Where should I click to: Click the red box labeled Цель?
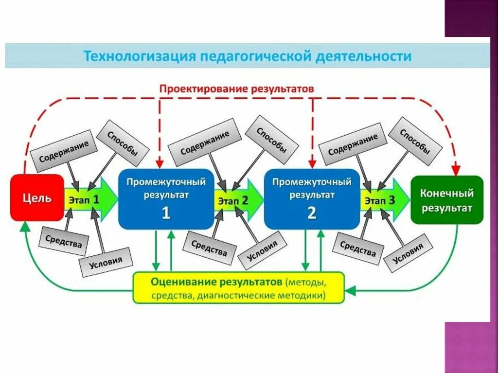37,198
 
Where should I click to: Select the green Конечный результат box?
446,200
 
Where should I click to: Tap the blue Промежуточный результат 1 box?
166,198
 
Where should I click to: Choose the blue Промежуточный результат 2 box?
312,198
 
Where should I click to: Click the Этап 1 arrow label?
84,199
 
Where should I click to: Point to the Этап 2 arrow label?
232,200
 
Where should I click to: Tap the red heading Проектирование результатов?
237,89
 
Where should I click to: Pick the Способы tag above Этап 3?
415,141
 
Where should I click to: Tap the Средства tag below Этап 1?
64,240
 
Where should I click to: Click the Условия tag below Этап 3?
408,252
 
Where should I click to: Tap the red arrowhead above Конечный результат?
455,170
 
